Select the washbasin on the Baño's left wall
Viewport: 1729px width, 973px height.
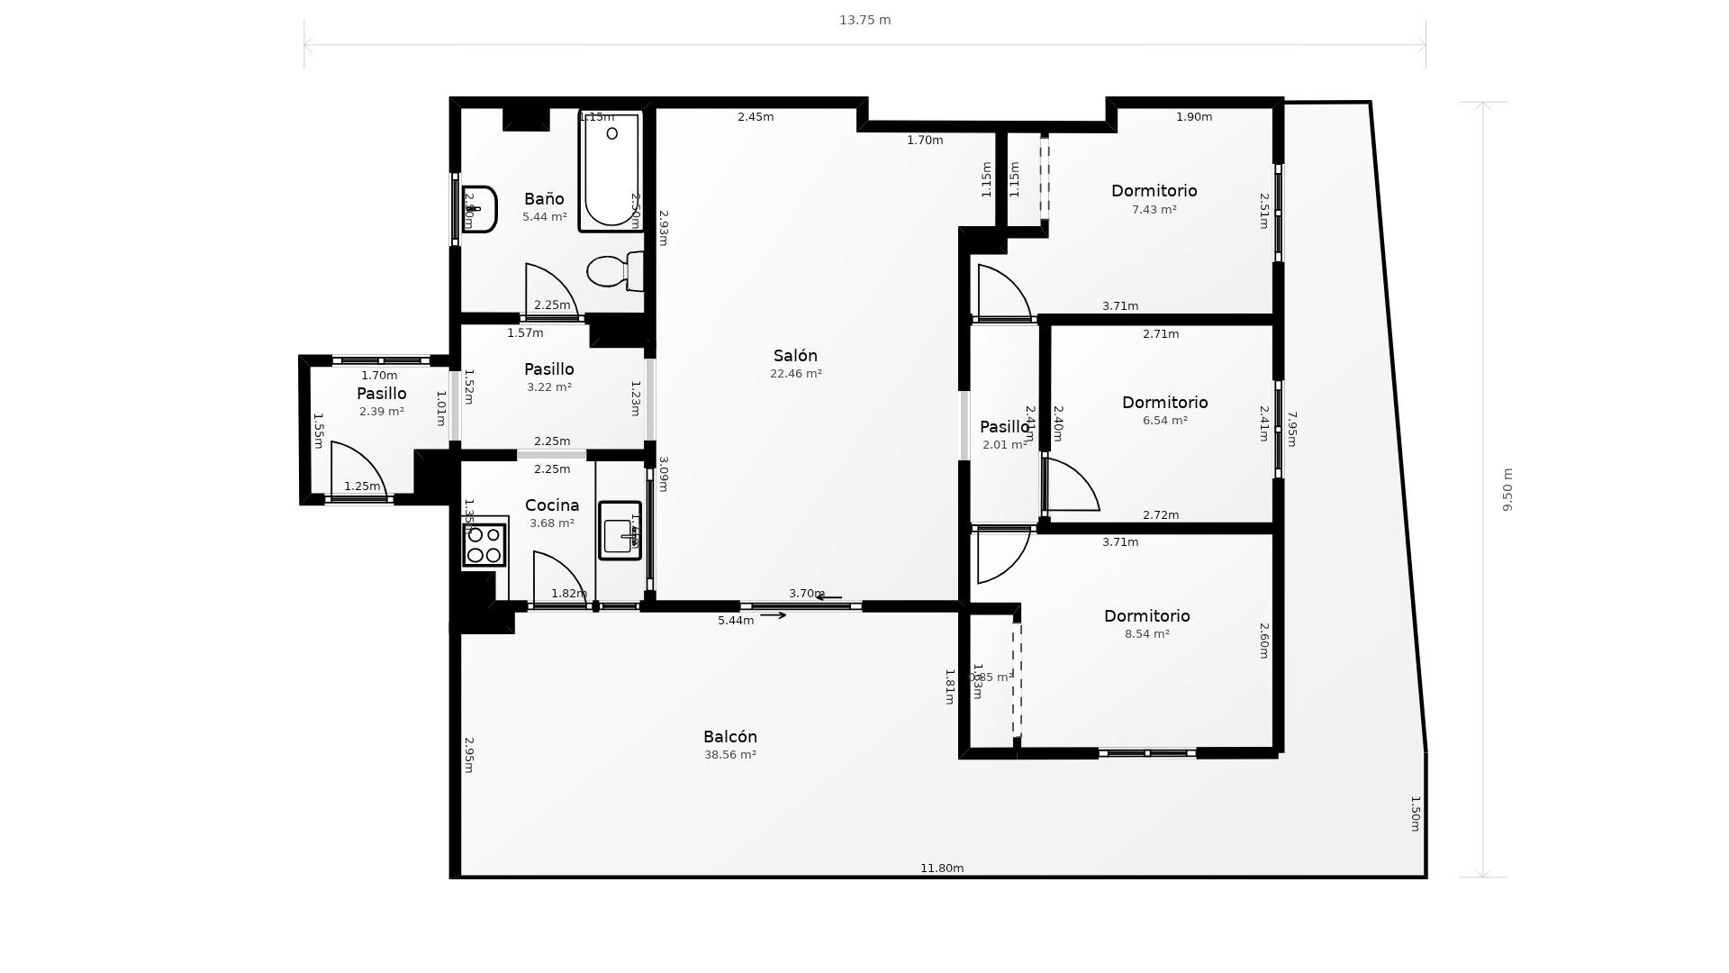(x=479, y=209)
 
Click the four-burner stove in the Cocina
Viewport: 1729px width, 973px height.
(x=484, y=544)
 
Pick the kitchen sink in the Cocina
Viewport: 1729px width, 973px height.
(x=620, y=532)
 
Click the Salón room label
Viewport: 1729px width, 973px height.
(x=795, y=356)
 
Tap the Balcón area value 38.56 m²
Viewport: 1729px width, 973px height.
(x=729, y=755)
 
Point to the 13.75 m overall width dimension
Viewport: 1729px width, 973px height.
(x=864, y=20)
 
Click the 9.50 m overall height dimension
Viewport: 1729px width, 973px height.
(x=1507, y=489)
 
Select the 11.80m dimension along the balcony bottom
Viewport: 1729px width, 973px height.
(x=942, y=868)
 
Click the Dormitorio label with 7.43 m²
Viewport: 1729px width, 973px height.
(x=1154, y=191)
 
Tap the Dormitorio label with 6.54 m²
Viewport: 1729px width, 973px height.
(x=1164, y=403)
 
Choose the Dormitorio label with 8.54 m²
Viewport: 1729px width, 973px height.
(x=1146, y=616)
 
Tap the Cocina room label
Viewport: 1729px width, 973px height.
(x=551, y=505)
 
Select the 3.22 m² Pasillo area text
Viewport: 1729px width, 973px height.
(x=548, y=387)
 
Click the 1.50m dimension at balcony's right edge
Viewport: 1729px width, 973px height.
(x=1415, y=814)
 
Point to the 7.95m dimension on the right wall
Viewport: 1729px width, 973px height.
(x=1291, y=429)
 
